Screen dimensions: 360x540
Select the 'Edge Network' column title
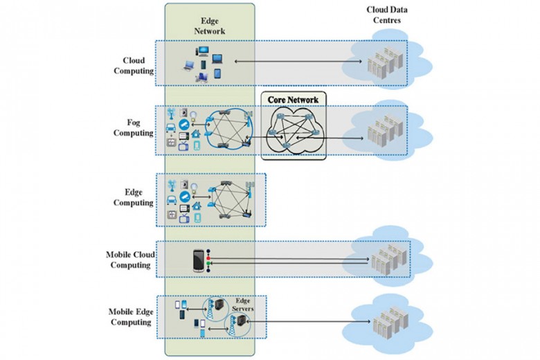[209, 26]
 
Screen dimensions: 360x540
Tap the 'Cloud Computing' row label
[137, 65]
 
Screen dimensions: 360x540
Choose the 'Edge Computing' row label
[137, 198]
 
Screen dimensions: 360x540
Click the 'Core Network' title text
[292, 100]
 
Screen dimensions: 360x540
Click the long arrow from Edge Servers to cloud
[305, 321]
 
